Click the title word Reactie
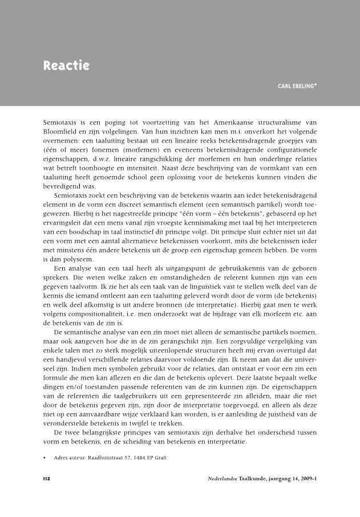[66, 66]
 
